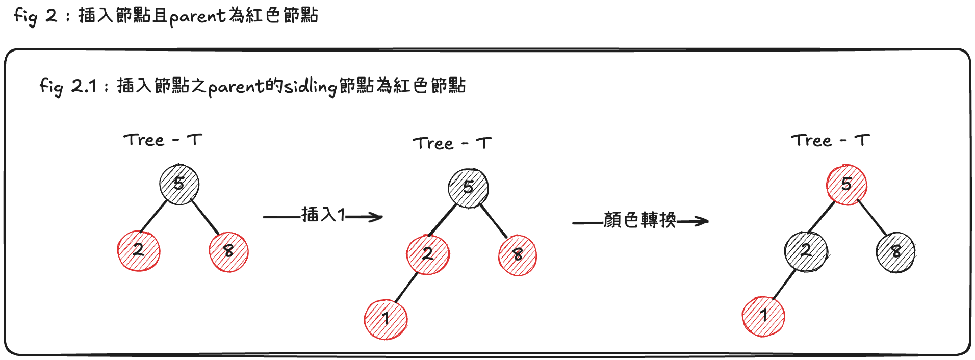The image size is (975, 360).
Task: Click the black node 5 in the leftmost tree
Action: point(179,184)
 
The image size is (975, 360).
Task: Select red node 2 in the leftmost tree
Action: point(139,250)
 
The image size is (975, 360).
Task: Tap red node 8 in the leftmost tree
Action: point(228,251)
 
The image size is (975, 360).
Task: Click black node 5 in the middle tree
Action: point(468,188)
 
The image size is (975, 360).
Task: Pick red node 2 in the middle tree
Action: point(428,254)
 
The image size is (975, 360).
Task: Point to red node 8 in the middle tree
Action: point(518,255)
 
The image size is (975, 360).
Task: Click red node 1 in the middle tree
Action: point(386,319)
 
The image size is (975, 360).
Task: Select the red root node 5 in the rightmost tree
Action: point(846,184)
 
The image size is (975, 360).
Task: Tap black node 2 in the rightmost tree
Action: point(805,251)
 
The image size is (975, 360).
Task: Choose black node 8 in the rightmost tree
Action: point(895,252)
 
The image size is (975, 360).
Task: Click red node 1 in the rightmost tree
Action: point(763,316)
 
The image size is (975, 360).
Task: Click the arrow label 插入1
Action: point(323,215)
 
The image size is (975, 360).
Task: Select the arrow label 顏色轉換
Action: point(639,220)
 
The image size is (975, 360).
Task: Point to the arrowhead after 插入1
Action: point(377,217)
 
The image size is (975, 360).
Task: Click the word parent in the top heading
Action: point(197,16)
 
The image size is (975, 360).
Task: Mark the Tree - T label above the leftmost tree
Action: point(163,140)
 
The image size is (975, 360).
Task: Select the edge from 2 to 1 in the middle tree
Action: point(406,288)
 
